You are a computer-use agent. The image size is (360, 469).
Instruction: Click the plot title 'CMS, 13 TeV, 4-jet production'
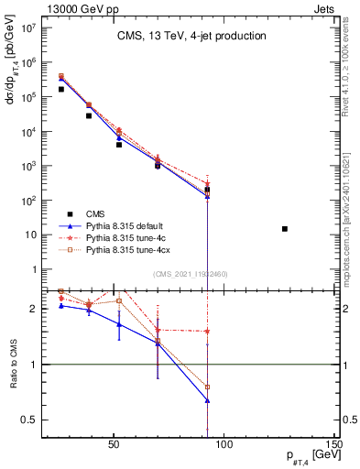click(x=191, y=37)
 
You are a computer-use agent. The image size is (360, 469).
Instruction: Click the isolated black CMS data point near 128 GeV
click(x=285, y=229)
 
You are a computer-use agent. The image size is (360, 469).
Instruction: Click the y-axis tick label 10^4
click(x=27, y=132)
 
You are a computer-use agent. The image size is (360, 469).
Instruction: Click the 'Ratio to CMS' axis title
click(x=12, y=364)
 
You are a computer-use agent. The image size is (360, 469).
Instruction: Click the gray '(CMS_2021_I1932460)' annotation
click(x=191, y=274)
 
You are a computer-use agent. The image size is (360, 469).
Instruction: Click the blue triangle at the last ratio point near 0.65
click(x=208, y=400)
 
